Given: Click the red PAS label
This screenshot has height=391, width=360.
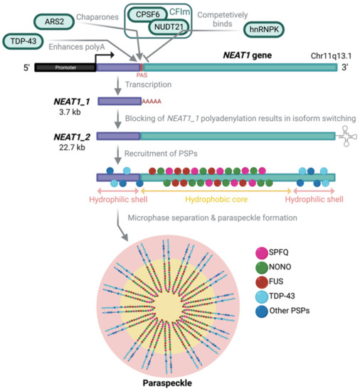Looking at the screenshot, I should pos(141,75).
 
